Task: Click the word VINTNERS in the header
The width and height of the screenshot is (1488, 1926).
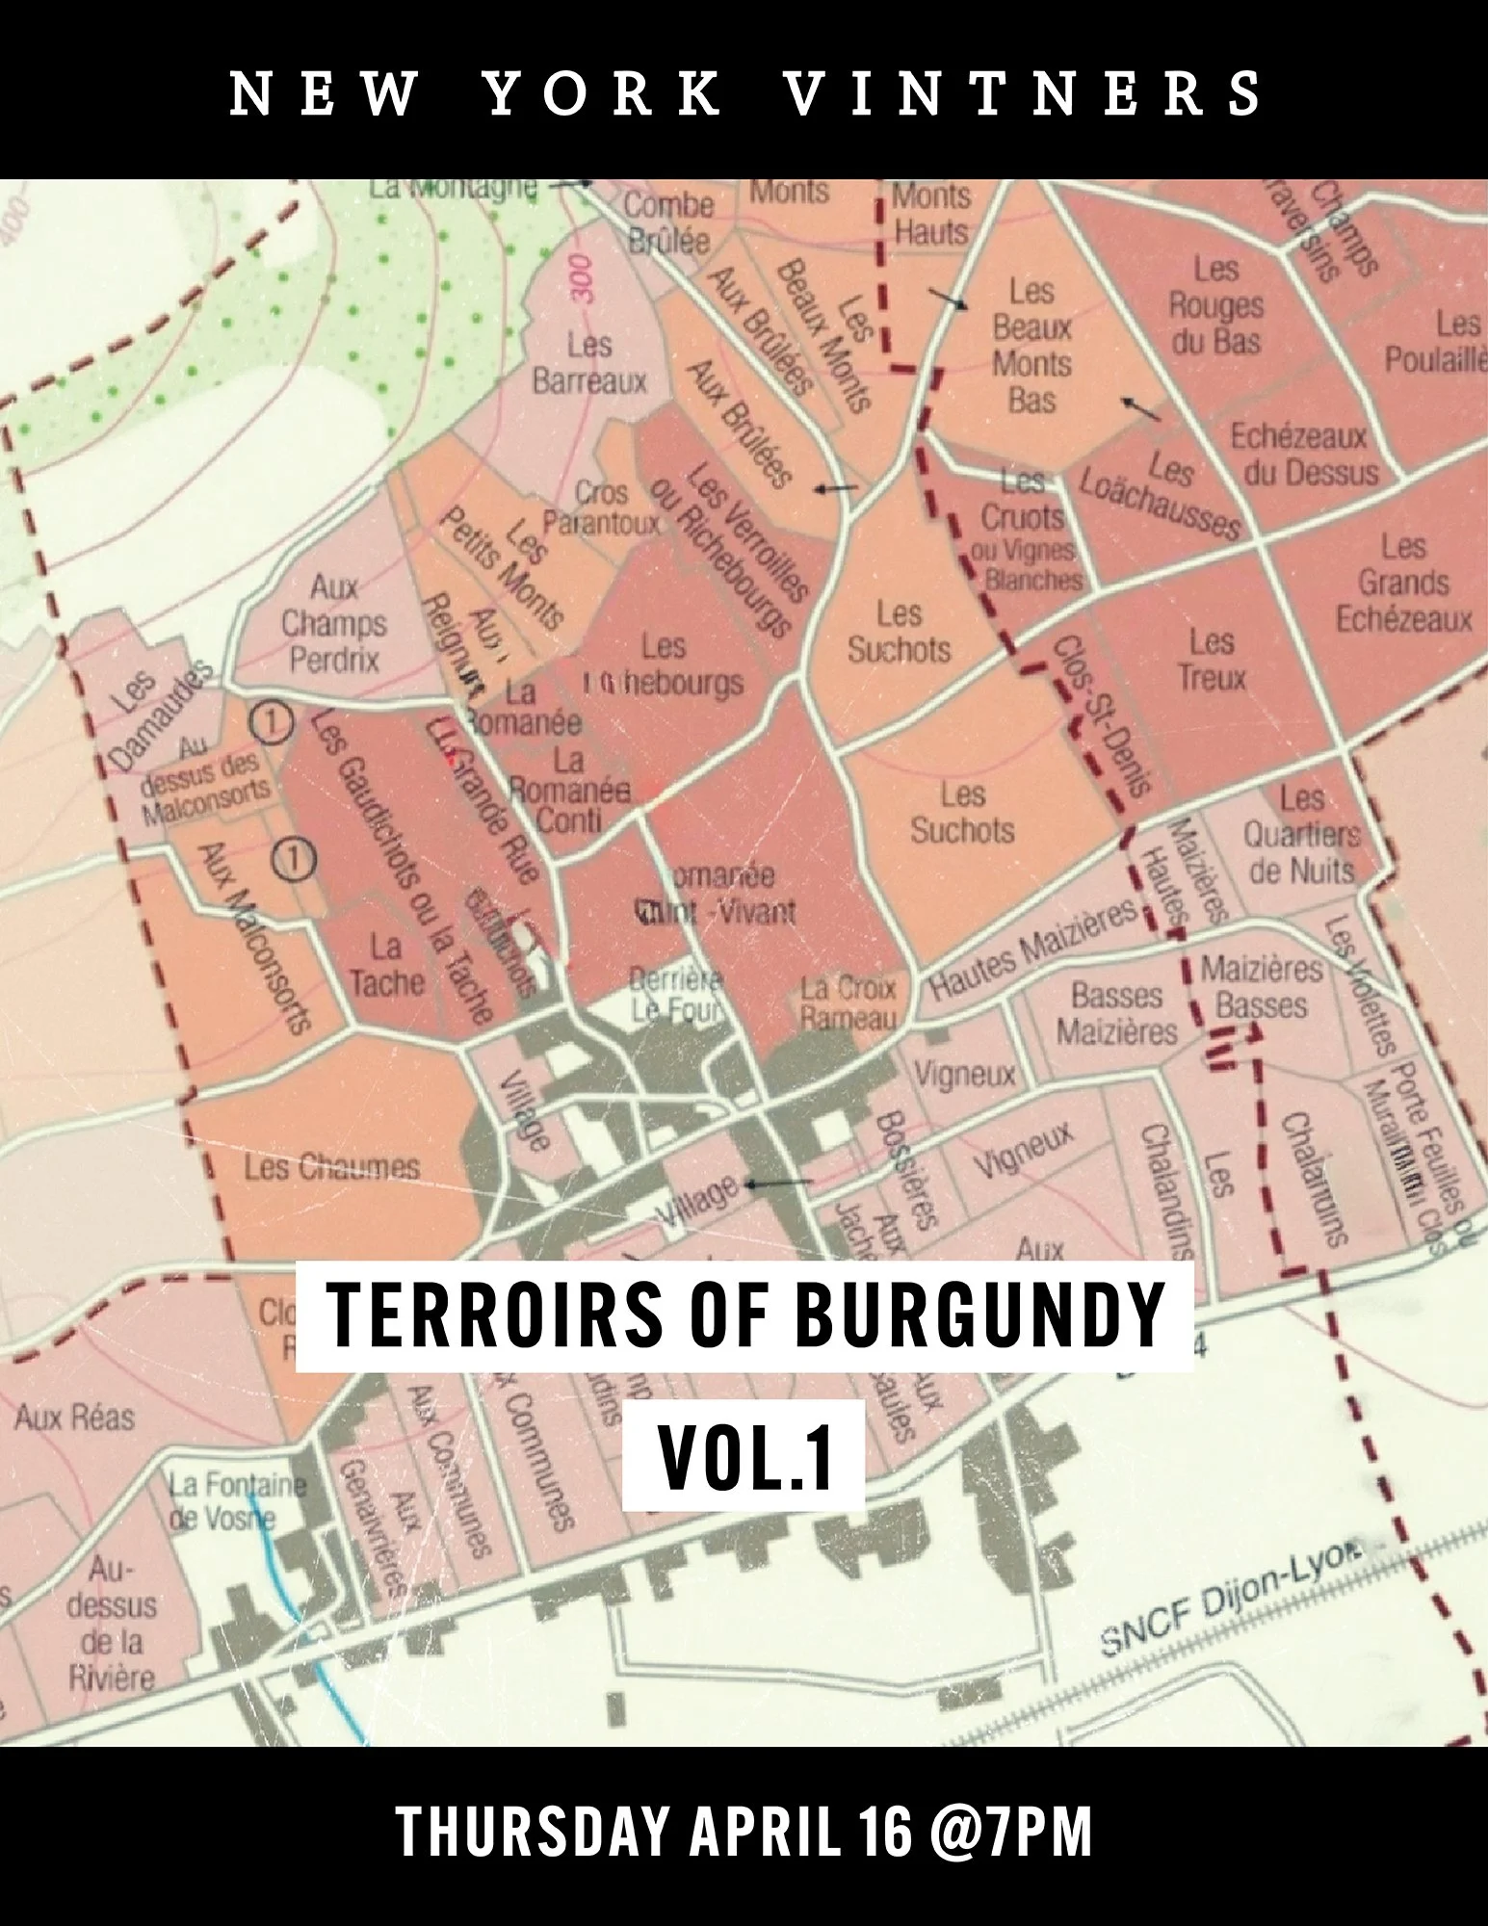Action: (x=1023, y=93)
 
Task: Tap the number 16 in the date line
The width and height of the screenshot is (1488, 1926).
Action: (x=885, y=1833)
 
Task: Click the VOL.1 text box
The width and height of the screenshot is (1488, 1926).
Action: (x=744, y=1457)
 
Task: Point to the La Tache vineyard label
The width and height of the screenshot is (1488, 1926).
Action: (x=386, y=964)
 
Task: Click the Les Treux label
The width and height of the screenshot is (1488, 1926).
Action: (x=1212, y=660)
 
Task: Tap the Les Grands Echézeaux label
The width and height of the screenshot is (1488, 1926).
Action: (x=1403, y=583)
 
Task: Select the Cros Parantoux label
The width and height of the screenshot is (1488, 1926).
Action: (x=601, y=508)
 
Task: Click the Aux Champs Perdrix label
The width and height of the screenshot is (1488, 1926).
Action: (x=333, y=623)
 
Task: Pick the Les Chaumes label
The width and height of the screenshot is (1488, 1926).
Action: (x=331, y=1168)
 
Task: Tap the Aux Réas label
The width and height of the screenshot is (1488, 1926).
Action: (x=74, y=1417)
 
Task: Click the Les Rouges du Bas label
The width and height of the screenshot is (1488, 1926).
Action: (x=1215, y=305)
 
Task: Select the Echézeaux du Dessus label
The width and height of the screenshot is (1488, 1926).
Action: (x=1303, y=454)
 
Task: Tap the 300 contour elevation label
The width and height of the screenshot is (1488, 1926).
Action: (x=581, y=279)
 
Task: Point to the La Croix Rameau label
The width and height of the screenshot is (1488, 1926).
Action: (x=848, y=1002)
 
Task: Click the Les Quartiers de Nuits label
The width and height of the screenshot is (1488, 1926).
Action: (x=1301, y=834)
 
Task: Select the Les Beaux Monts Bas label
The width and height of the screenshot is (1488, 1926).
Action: (x=1031, y=346)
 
